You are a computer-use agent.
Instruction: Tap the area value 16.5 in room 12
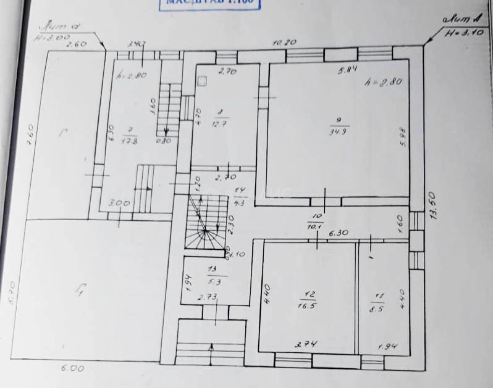click(x=308, y=306)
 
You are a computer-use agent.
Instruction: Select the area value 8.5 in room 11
click(x=377, y=309)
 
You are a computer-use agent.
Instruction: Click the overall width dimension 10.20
click(x=285, y=42)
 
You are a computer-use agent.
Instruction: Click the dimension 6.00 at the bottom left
click(x=72, y=368)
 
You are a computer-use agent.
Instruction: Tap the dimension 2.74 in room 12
click(x=306, y=344)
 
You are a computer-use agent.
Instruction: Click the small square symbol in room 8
click(x=202, y=81)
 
